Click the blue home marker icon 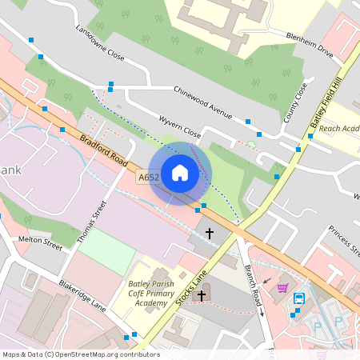click(x=180, y=173)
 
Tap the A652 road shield click(x=149, y=178)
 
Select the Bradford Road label click(x=105, y=150)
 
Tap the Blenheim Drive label click(x=310, y=44)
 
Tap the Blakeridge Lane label click(x=82, y=294)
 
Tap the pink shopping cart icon click(x=282, y=288)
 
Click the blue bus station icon click(x=299, y=298)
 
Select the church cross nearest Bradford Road click(x=210, y=234)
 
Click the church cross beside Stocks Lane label click(x=202, y=296)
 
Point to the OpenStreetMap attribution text click(x=81, y=354)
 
